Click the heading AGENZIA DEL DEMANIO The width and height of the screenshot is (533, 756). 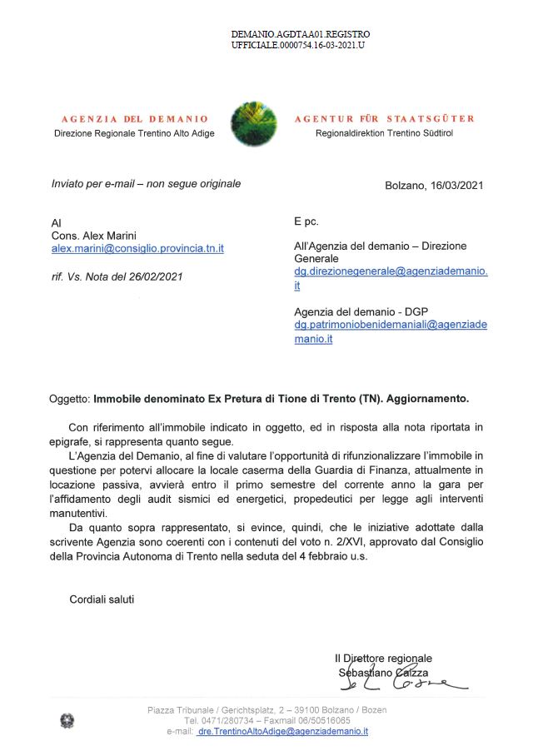pos(134,119)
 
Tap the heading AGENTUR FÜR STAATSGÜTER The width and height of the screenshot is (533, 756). pos(384,119)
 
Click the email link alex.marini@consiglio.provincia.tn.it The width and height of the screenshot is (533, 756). pos(137,248)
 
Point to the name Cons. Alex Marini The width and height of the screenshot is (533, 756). pos(95,236)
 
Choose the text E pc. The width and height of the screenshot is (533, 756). pos(306,221)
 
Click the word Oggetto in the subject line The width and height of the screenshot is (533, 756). pos(69,399)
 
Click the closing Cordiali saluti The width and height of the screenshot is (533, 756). pos(102,599)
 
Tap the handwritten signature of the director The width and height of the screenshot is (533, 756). pos(401,684)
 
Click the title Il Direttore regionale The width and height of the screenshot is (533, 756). pos(383,658)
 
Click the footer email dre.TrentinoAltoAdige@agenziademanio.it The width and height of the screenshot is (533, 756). pos(282,731)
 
